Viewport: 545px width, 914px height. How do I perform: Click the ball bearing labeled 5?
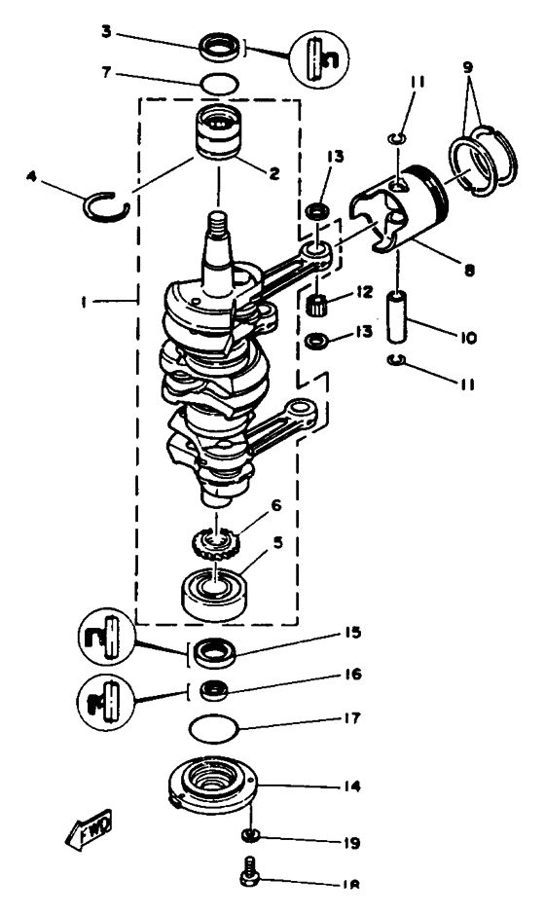click(x=214, y=590)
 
